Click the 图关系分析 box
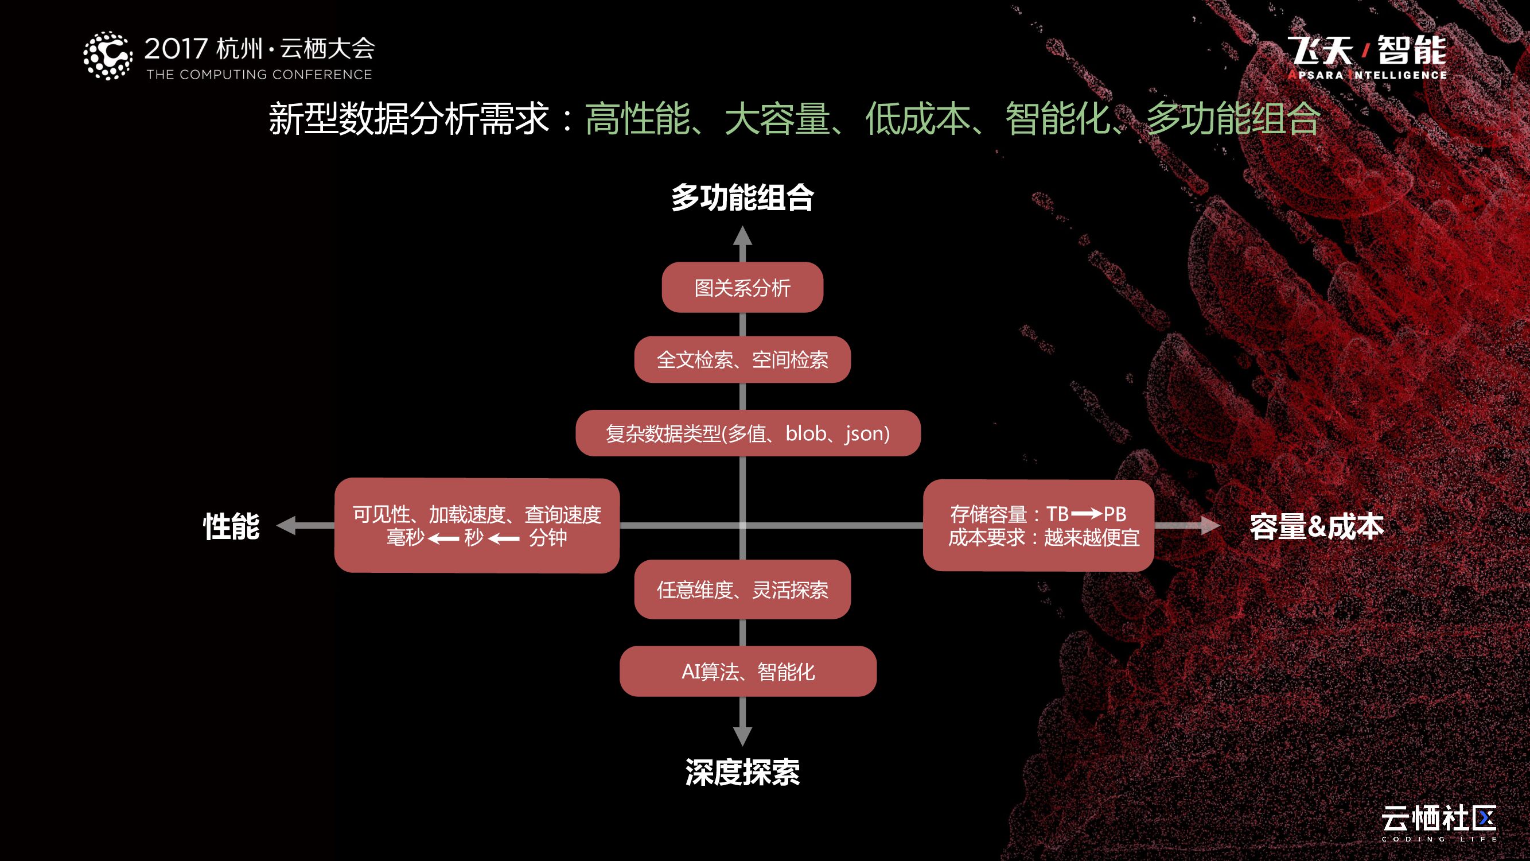coord(742,288)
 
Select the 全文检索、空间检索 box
coord(742,359)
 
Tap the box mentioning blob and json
coord(748,433)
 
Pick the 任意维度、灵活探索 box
coord(742,589)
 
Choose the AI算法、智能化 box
coord(748,672)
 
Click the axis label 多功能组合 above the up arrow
coord(742,198)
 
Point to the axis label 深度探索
coord(742,773)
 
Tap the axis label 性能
coord(232,526)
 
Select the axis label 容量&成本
coord(1317,526)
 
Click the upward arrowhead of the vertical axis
coord(742,236)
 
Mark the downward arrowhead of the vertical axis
coord(742,736)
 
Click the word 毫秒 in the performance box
coord(406,538)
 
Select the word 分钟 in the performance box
coord(548,538)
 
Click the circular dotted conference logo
coord(107,56)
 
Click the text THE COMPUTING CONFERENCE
coord(259,75)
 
